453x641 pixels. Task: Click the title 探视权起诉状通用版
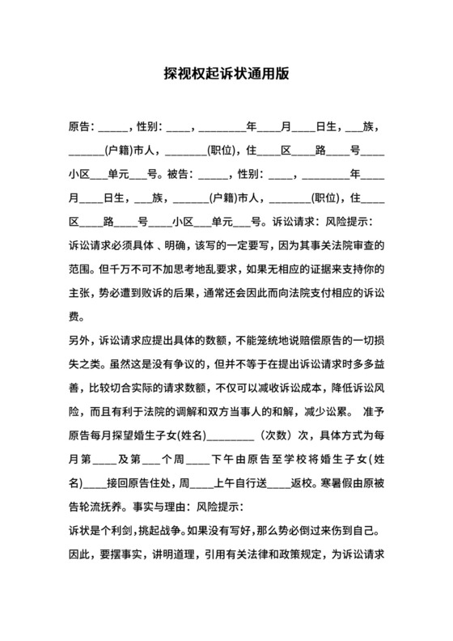226,72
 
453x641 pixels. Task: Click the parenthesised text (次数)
280,435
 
